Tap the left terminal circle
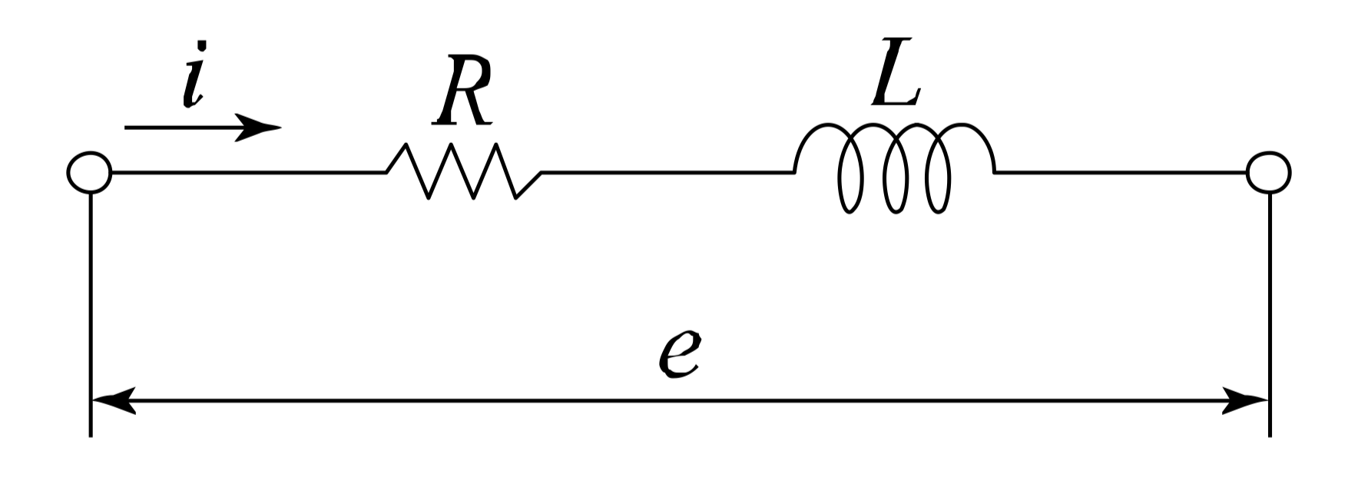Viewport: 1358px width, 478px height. point(90,172)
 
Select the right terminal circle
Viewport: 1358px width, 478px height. point(1268,172)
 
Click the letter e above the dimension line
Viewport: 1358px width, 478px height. point(678,355)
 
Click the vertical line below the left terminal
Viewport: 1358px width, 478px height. point(91,307)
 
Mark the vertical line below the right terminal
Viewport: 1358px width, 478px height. point(1269,307)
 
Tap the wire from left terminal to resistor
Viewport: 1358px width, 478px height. point(246,173)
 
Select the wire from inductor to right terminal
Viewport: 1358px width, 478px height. point(1121,173)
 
